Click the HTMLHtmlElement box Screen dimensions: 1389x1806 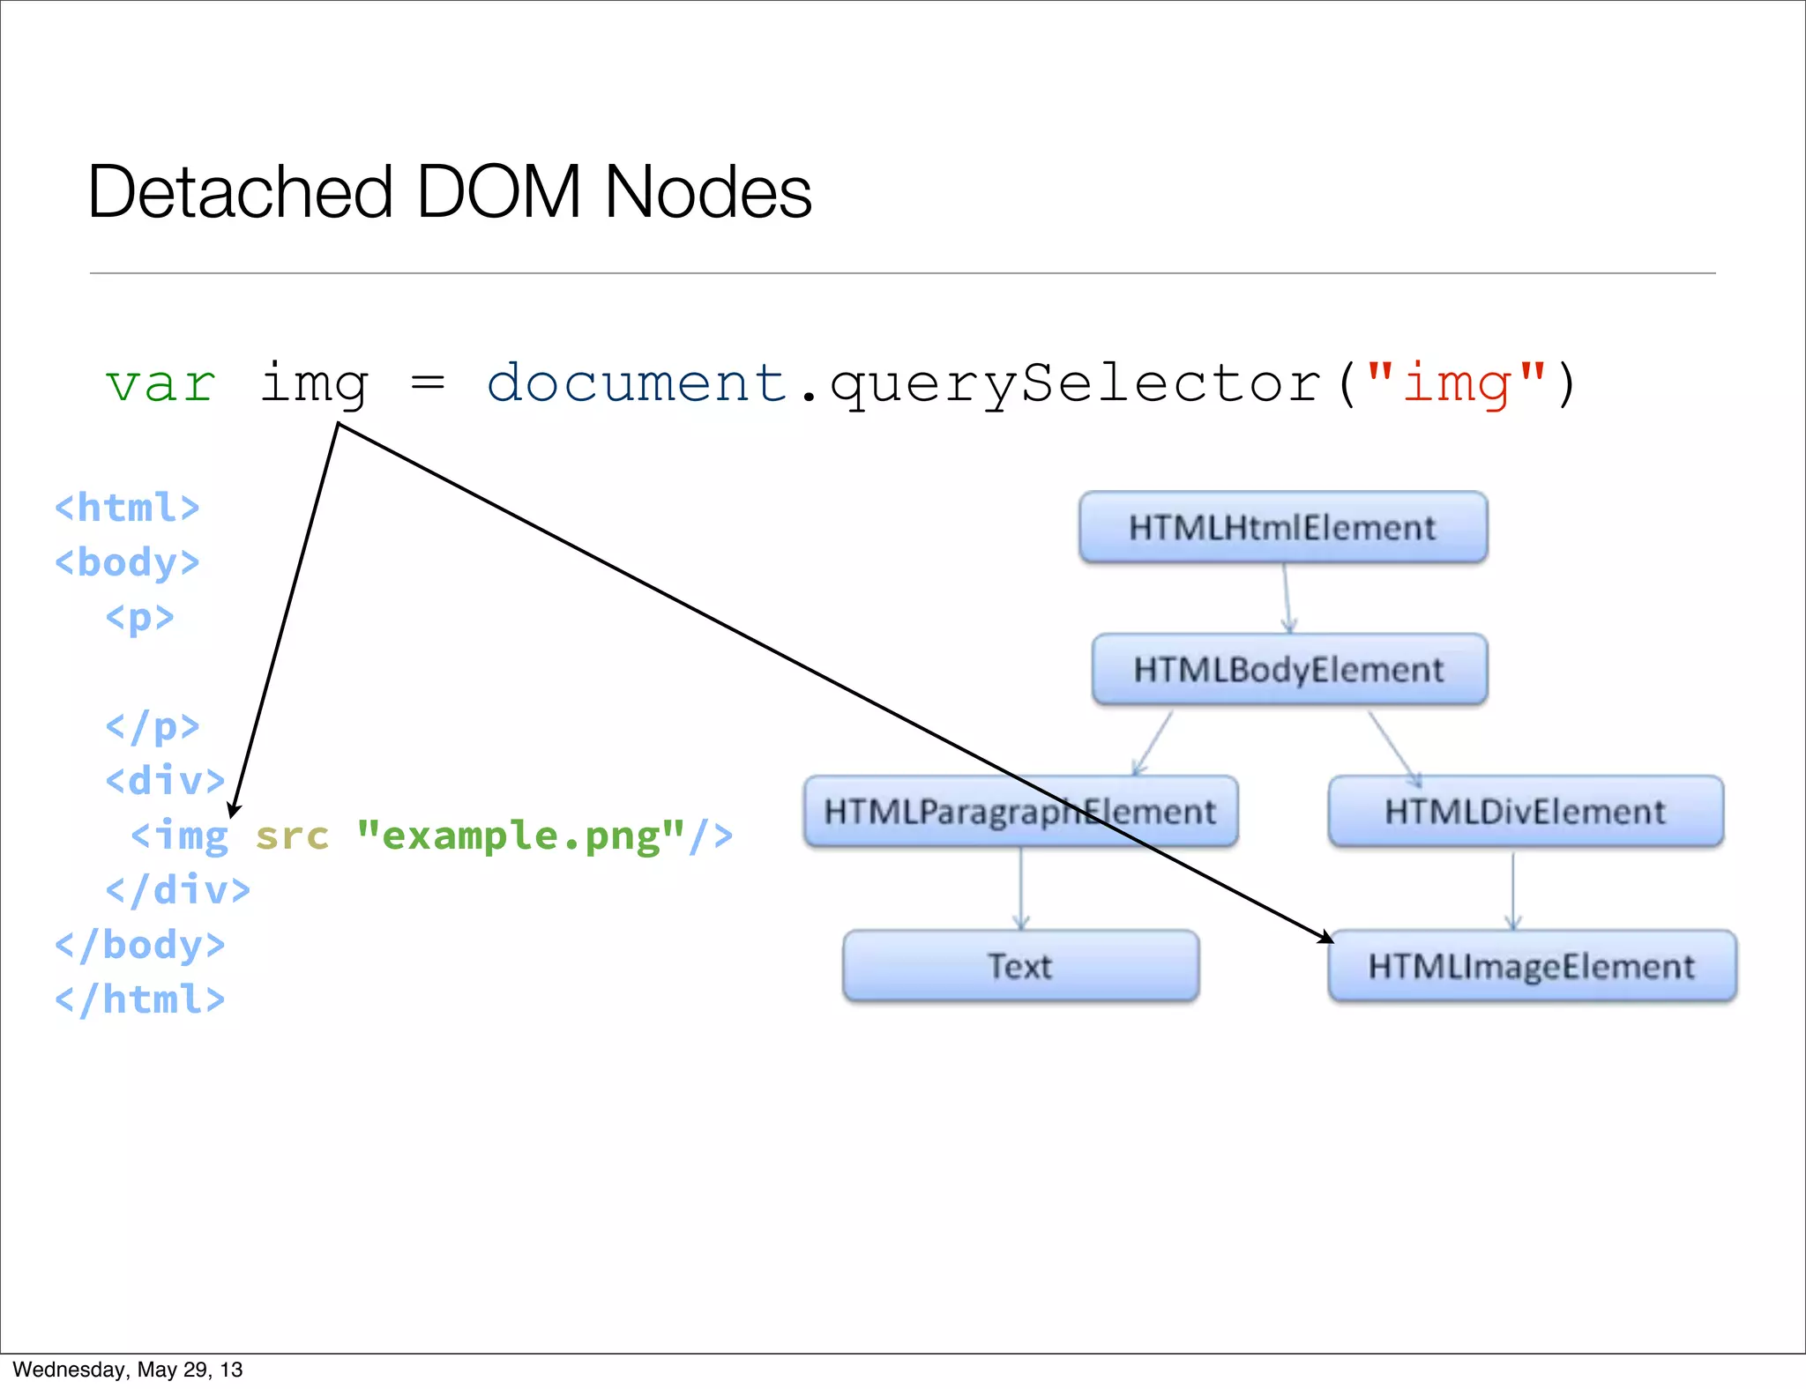point(1283,527)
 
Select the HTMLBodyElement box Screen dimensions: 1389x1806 point(1289,669)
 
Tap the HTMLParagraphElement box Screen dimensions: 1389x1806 point(1020,811)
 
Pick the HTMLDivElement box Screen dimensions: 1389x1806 point(1526,811)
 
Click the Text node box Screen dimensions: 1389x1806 point(1020,966)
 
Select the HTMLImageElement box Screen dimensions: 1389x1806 point(1532,966)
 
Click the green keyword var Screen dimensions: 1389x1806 point(160,384)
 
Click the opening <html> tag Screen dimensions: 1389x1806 point(127,508)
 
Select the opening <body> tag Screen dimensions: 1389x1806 point(127,562)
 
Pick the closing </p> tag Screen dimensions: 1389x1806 point(153,727)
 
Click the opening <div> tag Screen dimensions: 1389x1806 point(165,781)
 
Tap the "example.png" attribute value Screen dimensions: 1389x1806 point(520,836)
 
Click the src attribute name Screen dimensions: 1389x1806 point(292,836)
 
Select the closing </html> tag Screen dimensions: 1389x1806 point(139,999)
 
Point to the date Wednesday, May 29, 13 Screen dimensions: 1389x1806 point(128,1370)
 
